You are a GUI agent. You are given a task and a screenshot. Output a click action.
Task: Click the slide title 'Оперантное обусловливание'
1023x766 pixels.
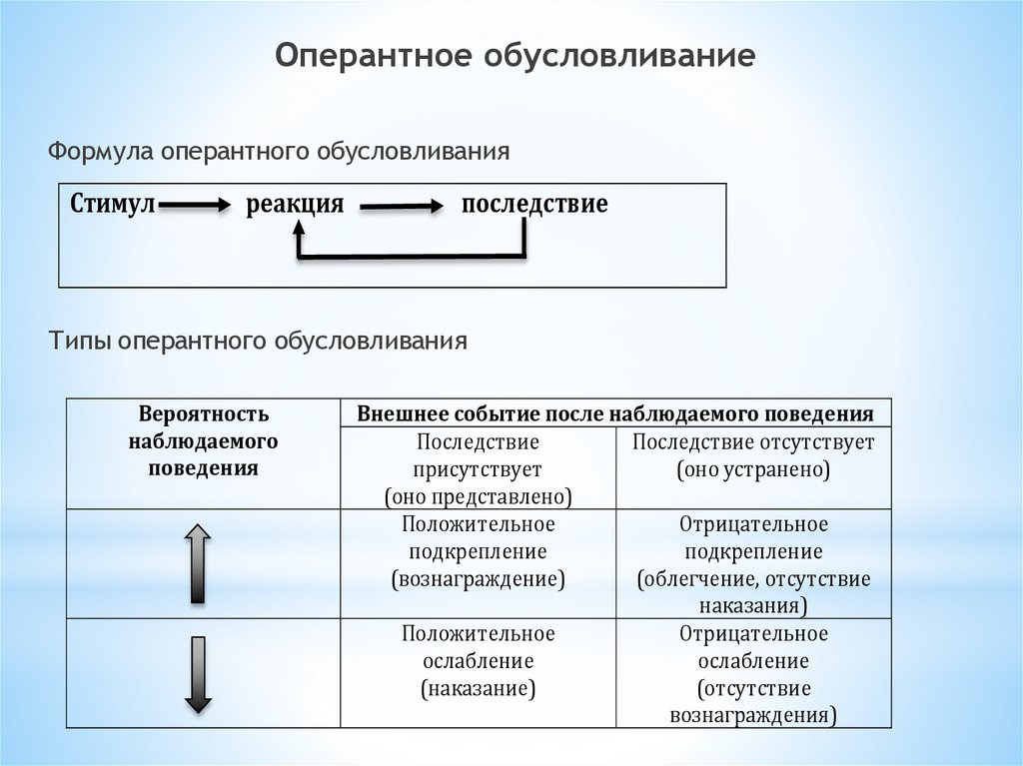coord(515,55)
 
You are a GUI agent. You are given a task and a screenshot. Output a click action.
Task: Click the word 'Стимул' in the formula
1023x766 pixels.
coord(113,205)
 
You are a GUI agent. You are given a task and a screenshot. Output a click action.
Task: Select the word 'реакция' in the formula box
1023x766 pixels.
coord(295,205)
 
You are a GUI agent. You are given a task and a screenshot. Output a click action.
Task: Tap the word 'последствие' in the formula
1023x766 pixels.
coord(534,205)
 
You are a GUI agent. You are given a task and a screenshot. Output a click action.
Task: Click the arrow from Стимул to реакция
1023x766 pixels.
coord(195,206)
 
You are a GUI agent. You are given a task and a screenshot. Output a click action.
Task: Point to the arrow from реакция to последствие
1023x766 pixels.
coord(401,207)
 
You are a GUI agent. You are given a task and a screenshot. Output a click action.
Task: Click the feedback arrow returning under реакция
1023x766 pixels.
coord(410,256)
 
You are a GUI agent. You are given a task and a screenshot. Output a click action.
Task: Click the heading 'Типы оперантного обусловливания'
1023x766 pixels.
coord(259,341)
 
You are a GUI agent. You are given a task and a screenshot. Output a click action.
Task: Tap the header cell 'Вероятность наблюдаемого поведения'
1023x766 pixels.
coord(204,440)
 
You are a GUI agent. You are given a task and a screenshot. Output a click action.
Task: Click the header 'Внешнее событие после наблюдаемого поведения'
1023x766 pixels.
coord(615,413)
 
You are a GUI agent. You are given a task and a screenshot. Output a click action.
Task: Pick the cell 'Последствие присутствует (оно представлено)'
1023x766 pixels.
coord(478,468)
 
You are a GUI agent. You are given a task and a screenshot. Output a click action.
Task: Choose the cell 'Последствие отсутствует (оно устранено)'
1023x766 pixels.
coord(753,455)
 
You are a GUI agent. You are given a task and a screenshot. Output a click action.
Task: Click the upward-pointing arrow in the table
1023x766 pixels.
coord(198,562)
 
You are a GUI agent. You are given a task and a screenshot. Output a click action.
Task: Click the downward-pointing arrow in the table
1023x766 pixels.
coord(198,674)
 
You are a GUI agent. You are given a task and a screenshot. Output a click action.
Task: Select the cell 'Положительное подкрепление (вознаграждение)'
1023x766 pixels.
coord(478,551)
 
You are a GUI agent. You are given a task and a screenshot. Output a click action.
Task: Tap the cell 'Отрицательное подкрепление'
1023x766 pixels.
coord(753,564)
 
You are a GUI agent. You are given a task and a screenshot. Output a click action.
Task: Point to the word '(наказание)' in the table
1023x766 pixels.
coord(478,688)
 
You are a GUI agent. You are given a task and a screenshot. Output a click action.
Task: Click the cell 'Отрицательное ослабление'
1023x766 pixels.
coord(753,674)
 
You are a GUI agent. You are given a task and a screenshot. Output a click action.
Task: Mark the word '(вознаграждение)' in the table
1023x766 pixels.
coord(478,578)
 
